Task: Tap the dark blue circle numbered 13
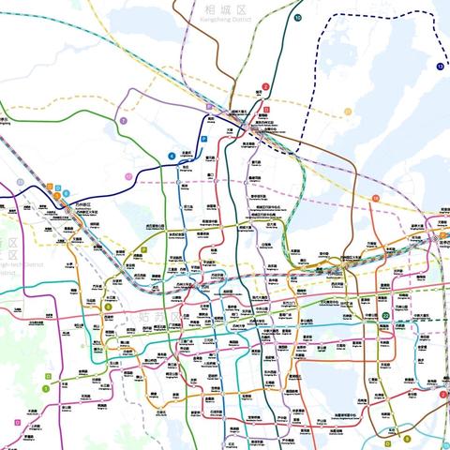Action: point(439,67)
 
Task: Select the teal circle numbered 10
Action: point(297,18)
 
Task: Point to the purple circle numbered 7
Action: point(123,121)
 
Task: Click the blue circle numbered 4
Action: point(172,157)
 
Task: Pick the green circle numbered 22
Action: point(385,317)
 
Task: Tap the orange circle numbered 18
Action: point(376,199)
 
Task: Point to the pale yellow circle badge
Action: point(128,176)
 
